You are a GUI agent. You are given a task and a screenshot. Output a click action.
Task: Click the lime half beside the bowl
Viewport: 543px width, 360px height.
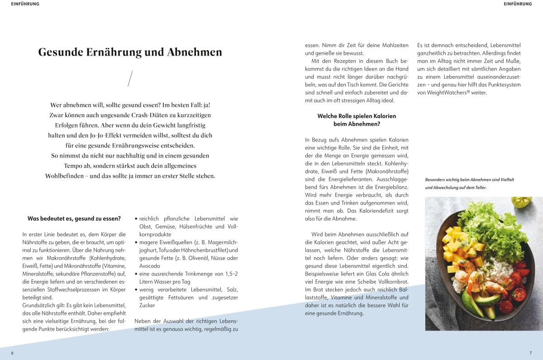521,201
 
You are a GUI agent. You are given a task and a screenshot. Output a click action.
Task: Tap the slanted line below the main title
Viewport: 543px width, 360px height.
130,78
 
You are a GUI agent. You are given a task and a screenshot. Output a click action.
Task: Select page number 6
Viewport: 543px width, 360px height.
12,353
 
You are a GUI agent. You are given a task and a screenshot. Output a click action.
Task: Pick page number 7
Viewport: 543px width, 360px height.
530,353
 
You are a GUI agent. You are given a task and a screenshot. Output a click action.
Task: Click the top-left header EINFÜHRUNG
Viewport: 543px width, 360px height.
25,4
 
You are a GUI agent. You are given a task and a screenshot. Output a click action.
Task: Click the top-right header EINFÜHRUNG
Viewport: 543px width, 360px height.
518,4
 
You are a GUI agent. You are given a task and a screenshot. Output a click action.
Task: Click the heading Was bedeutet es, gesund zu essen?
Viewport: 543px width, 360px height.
74,218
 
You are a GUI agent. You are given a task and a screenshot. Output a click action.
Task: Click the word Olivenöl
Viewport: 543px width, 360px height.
189,258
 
